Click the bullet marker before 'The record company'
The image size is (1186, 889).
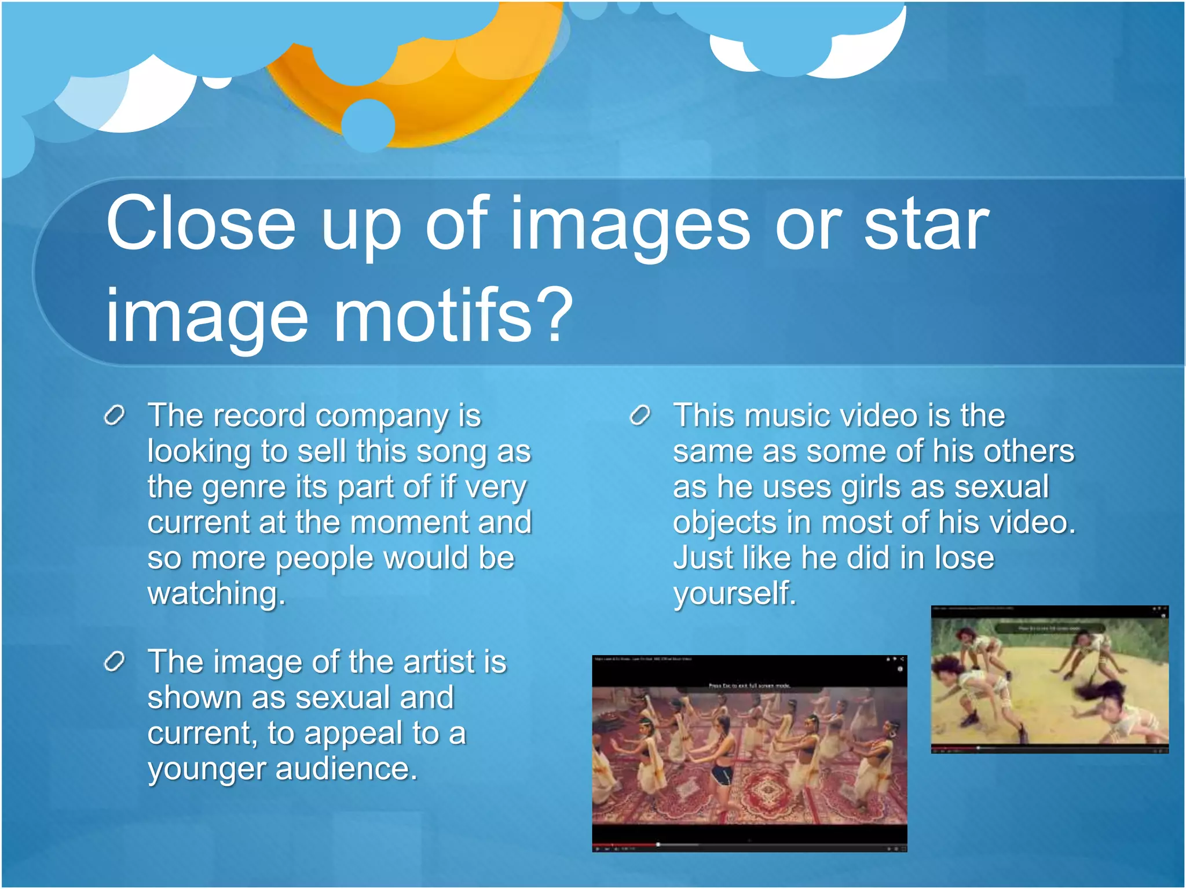click(114, 415)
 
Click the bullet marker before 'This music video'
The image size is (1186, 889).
click(640, 415)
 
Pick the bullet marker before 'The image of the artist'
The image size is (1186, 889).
click(114, 661)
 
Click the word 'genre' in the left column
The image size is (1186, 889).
click(244, 487)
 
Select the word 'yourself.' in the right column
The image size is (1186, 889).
click(734, 593)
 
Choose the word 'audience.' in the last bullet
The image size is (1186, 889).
click(346, 769)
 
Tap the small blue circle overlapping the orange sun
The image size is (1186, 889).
click(368, 125)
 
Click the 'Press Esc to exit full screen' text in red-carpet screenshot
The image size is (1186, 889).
click(749, 685)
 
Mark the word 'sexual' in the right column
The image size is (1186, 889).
click(1001, 487)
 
